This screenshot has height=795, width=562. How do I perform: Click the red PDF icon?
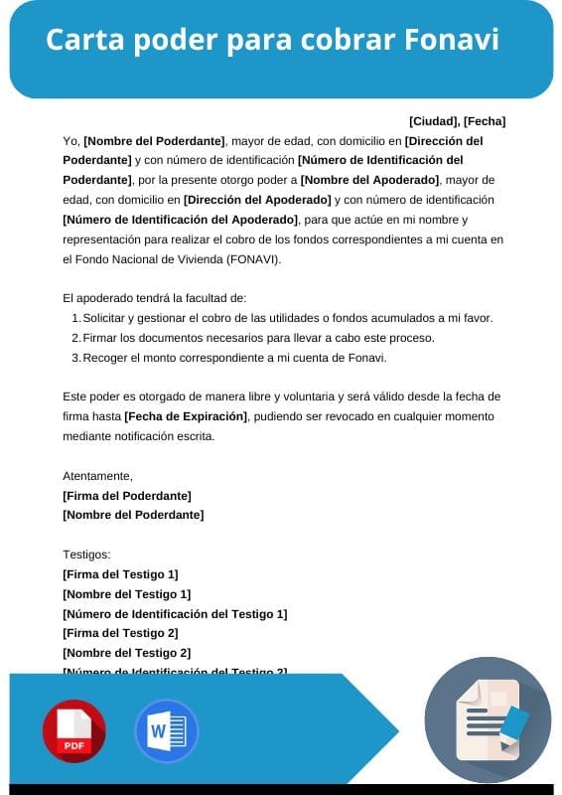click(x=73, y=731)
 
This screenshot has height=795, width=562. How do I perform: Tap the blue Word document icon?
click(x=166, y=731)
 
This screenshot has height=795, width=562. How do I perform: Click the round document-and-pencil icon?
click(x=488, y=719)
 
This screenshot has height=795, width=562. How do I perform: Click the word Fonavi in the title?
click(x=452, y=40)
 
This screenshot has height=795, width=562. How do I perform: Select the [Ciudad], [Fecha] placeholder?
click(x=457, y=121)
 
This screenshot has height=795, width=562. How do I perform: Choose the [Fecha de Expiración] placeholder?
click(x=187, y=415)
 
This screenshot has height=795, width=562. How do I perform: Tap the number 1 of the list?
click(x=75, y=318)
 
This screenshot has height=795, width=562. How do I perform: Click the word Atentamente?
click(x=97, y=476)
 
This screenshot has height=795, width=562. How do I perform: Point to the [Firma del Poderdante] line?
click(x=127, y=495)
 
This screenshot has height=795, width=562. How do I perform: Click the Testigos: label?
click(x=86, y=555)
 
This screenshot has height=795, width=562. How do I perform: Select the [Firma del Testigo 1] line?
click(x=120, y=574)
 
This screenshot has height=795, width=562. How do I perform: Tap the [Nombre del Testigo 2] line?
click(x=126, y=653)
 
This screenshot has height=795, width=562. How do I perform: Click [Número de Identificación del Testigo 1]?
click(x=175, y=613)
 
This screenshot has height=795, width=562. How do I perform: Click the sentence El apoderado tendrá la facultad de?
click(x=154, y=298)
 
